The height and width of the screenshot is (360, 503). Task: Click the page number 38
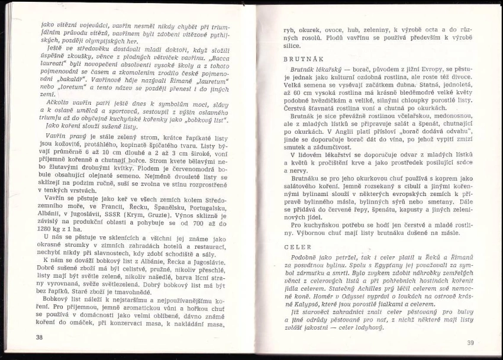click(x=40, y=337)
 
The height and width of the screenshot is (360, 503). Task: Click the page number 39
click(x=470, y=342)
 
